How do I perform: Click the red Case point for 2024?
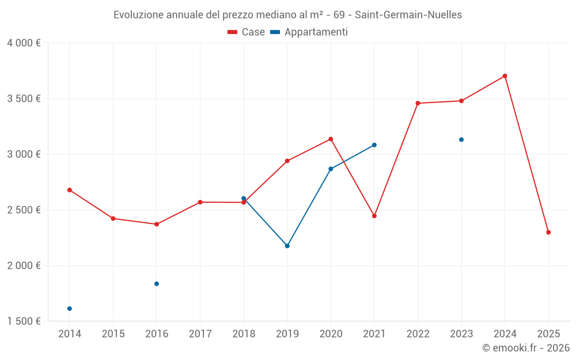pos(505,76)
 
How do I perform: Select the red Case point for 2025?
pos(548,232)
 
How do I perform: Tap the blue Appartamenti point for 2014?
pos(70,309)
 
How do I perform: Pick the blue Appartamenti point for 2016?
pos(157,284)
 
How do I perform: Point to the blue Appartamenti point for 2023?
pos(461,139)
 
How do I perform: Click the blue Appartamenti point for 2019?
pos(287,246)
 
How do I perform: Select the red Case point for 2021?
pos(374,216)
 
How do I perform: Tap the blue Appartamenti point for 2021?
pos(374,145)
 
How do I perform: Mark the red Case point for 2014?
pos(70,190)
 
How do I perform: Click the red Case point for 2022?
pos(418,103)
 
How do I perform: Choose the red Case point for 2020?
pos(331,139)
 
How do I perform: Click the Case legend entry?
pos(247,32)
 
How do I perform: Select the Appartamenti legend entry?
pos(309,32)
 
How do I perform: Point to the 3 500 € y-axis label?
pos(24,98)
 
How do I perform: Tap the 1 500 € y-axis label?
pos(24,321)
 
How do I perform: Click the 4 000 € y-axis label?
pos(24,43)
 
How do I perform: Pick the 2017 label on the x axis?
pos(200,334)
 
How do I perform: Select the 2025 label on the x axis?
pos(548,334)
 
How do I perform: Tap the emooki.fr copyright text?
pos(526,348)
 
